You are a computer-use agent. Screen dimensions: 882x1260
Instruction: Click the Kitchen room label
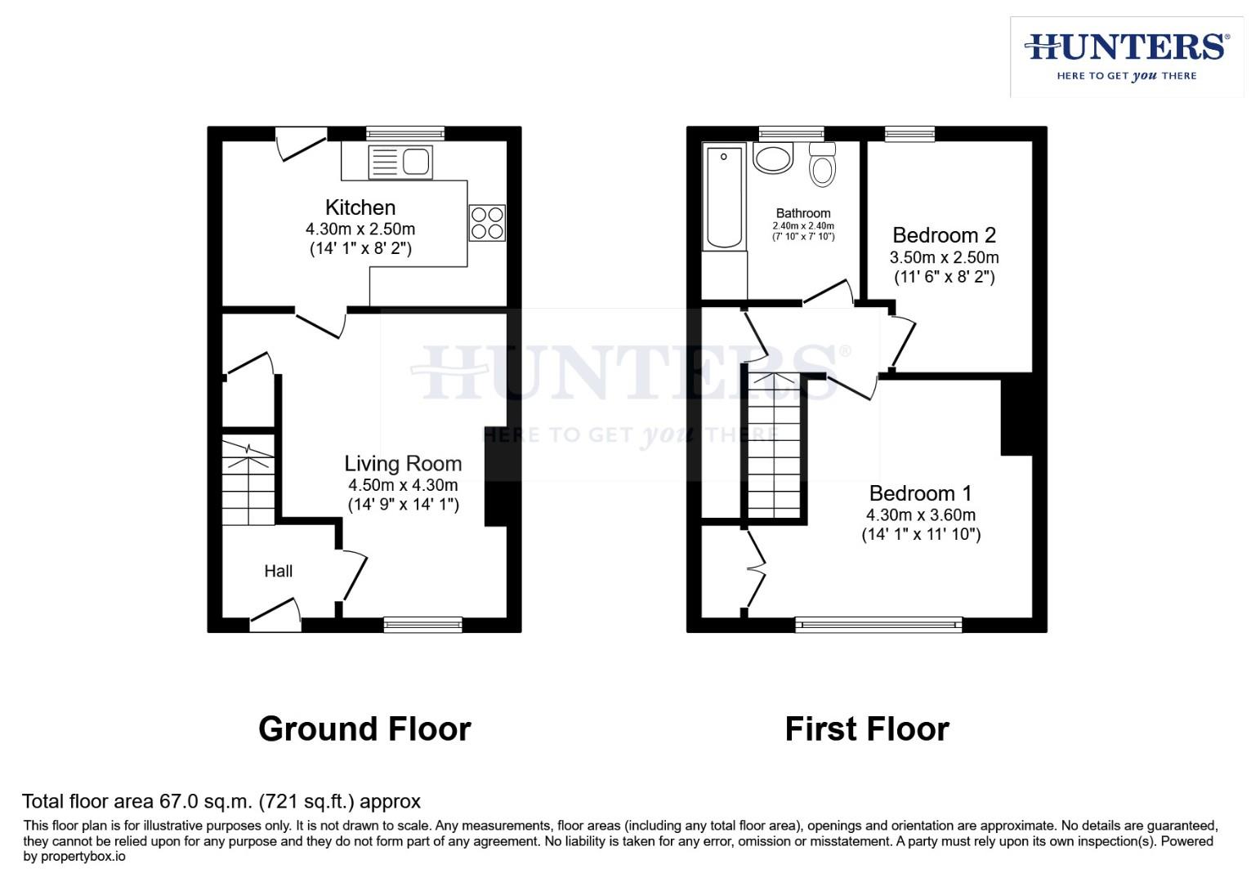coord(360,207)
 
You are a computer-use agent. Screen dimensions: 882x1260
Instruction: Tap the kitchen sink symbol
coord(400,162)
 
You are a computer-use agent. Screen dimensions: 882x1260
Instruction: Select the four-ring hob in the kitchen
coord(487,223)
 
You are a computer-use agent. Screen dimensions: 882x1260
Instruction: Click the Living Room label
coord(403,464)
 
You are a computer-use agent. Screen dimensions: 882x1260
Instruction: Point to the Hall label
coord(278,571)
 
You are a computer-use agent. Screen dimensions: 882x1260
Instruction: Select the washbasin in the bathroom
coord(773,158)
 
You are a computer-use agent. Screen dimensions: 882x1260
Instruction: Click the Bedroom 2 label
coord(944,235)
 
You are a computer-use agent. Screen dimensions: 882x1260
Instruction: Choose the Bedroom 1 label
coord(920,493)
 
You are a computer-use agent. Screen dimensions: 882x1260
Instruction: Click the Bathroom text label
coord(803,213)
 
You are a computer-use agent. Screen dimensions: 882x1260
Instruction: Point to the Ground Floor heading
coord(364,728)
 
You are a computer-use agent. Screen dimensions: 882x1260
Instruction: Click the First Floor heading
coord(867,728)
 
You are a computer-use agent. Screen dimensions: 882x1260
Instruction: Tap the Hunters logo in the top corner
coord(1127,56)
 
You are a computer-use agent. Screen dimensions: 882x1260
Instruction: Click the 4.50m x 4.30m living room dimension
coord(403,485)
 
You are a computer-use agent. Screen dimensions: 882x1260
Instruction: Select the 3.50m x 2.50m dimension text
coord(944,257)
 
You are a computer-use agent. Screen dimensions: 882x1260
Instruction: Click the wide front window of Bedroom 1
coord(878,625)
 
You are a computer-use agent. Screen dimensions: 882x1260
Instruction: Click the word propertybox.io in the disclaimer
coord(74,857)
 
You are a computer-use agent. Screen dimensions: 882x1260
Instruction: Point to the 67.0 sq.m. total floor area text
coord(221,801)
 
